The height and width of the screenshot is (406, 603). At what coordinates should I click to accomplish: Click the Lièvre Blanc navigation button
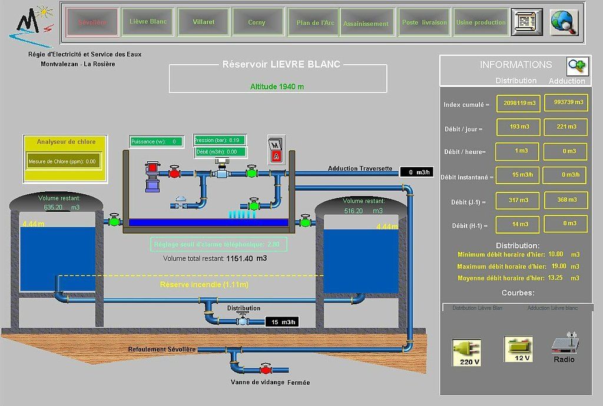point(148,22)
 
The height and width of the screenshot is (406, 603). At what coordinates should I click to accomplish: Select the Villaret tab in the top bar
point(204,22)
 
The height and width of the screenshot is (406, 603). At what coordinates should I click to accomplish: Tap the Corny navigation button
point(257,22)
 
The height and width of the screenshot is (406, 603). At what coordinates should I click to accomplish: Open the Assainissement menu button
point(366,24)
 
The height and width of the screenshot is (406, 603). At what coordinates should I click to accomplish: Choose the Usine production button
point(481,22)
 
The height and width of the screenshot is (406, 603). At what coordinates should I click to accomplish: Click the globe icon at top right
point(564,22)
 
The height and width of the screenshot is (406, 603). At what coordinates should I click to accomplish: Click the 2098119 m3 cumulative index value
point(519,103)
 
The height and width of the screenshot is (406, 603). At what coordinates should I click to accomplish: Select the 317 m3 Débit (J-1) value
point(519,200)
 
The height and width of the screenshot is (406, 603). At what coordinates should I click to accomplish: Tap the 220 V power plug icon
point(466,352)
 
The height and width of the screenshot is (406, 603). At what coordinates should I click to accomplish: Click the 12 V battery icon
point(518,349)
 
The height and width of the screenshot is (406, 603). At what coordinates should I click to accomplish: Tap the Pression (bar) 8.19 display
point(219,140)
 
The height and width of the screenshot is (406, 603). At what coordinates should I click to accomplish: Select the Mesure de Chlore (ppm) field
point(63,161)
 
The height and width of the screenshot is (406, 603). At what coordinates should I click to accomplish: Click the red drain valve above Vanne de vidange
point(266,370)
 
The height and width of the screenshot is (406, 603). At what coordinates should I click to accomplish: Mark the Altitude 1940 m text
point(277,86)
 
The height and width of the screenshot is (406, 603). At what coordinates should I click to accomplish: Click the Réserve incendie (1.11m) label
point(204,285)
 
